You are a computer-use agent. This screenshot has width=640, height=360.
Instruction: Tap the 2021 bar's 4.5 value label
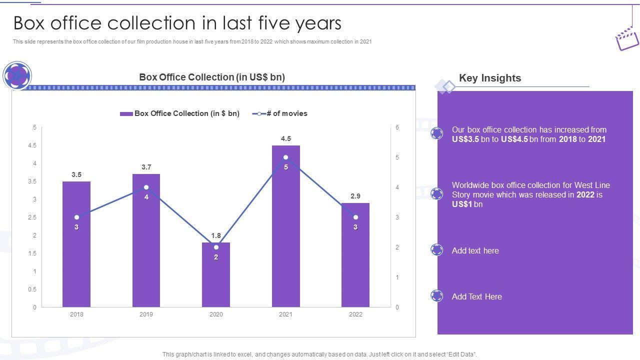pyautogui.click(x=286, y=138)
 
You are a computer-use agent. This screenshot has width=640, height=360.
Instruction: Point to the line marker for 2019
pyautogui.click(x=146, y=187)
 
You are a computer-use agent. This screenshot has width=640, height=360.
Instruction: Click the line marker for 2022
pyautogui.click(x=355, y=217)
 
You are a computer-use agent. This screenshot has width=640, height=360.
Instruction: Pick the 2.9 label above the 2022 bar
pyautogui.click(x=355, y=196)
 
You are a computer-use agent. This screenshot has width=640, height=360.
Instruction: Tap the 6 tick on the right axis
pyautogui.click(x=397, y=127)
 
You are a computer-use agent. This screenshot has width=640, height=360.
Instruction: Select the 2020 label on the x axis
pyautogui.click(x=216, y=314)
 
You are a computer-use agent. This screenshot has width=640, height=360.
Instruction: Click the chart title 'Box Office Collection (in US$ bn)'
pyautogui.click(x=212, y=77)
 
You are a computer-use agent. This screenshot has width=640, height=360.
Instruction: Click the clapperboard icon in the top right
pyautogui.click(x=626, y=38)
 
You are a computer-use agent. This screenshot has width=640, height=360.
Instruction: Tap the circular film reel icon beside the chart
pyautogui.click(x=17, y=75)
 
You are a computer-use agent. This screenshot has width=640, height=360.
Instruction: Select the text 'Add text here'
pyautogui.click(x=475, y=250)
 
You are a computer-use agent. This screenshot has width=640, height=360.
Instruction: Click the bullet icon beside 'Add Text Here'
pyautogui.click(x=437, y=296)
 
